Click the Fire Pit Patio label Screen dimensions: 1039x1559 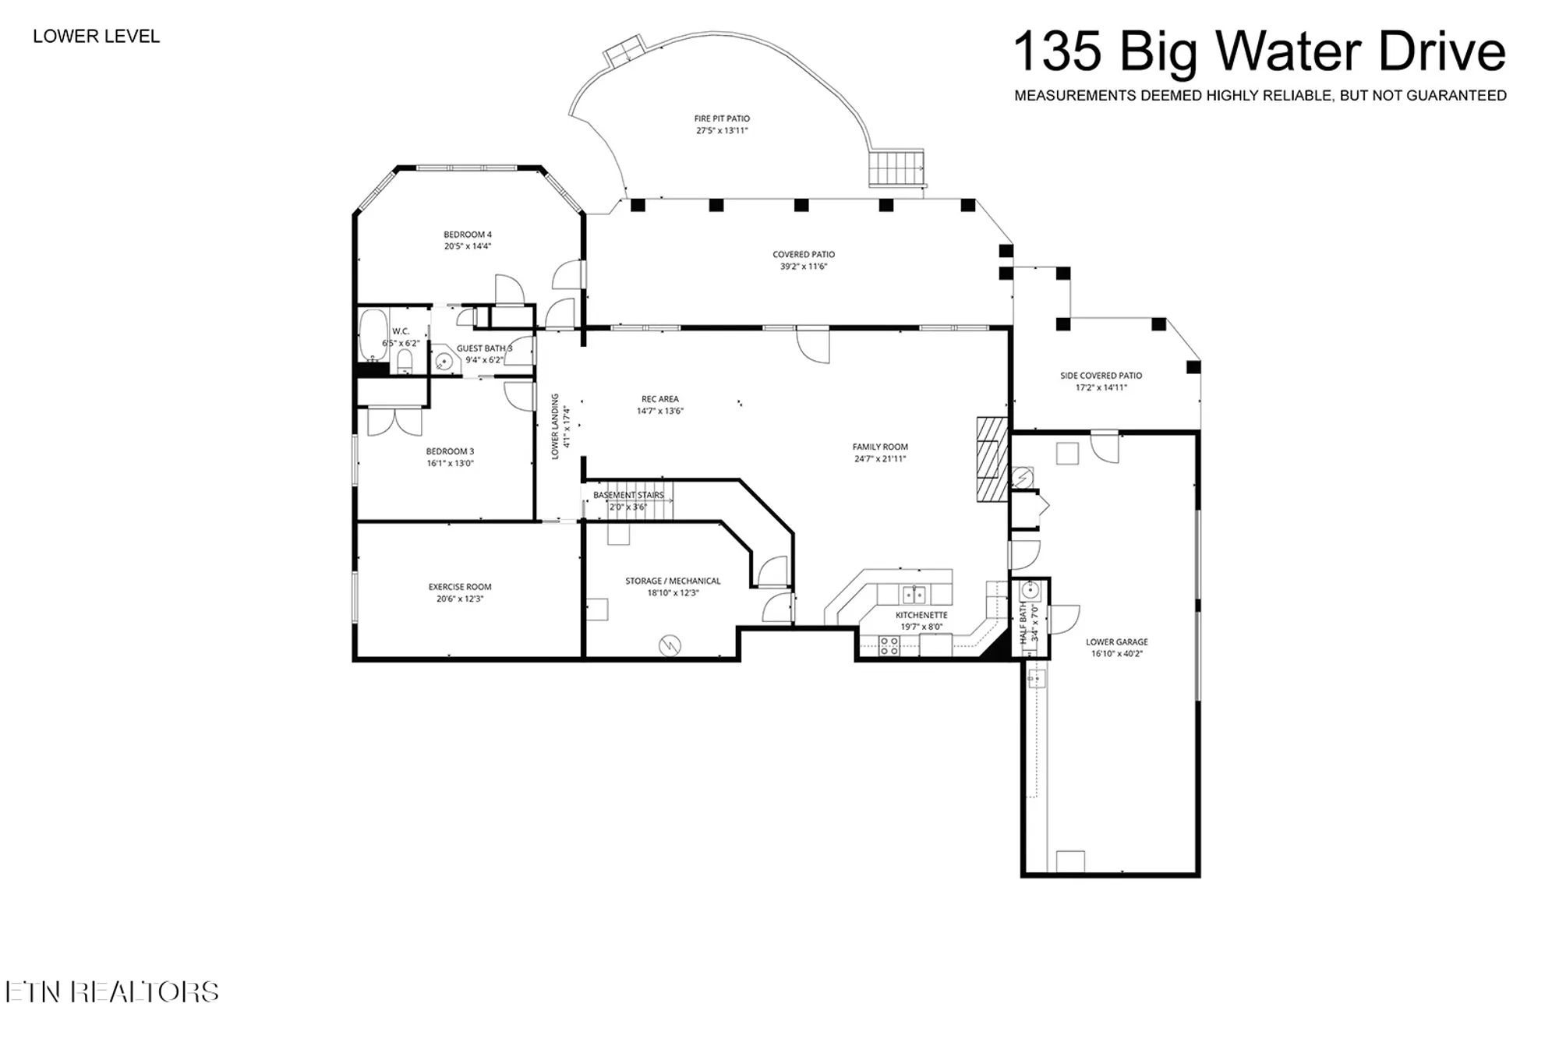pos(722,118)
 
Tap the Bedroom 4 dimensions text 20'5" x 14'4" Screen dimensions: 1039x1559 pos(468,246)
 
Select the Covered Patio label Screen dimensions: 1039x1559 pos(804,254)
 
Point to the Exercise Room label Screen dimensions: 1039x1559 pos(460,587)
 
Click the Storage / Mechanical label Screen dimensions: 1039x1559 pos(673,581)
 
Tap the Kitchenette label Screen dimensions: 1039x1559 pos(921,615)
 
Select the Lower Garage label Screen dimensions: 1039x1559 pos(1116,642)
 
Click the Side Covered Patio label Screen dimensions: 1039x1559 pos(1101,376)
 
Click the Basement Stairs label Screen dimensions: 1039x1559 pos(628,495)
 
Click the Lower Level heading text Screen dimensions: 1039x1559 pos(97,37)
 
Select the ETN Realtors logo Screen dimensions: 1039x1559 pos(111,991)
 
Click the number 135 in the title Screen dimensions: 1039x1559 pos(1057,51)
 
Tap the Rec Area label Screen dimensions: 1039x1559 pos(659,399)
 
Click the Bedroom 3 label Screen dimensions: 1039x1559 pos(450,451)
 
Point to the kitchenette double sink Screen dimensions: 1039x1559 pos(914,595)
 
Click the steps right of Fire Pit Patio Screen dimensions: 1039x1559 pos(896,168)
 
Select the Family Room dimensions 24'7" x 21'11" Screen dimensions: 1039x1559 pos(880,459)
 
